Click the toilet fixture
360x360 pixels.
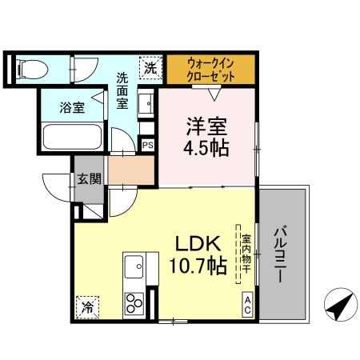click(32, 67)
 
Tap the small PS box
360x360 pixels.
click(148, 146)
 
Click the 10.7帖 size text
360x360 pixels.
click(194, 268)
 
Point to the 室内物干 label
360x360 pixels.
click(246, 252)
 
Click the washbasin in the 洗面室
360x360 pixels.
click(146, 104)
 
